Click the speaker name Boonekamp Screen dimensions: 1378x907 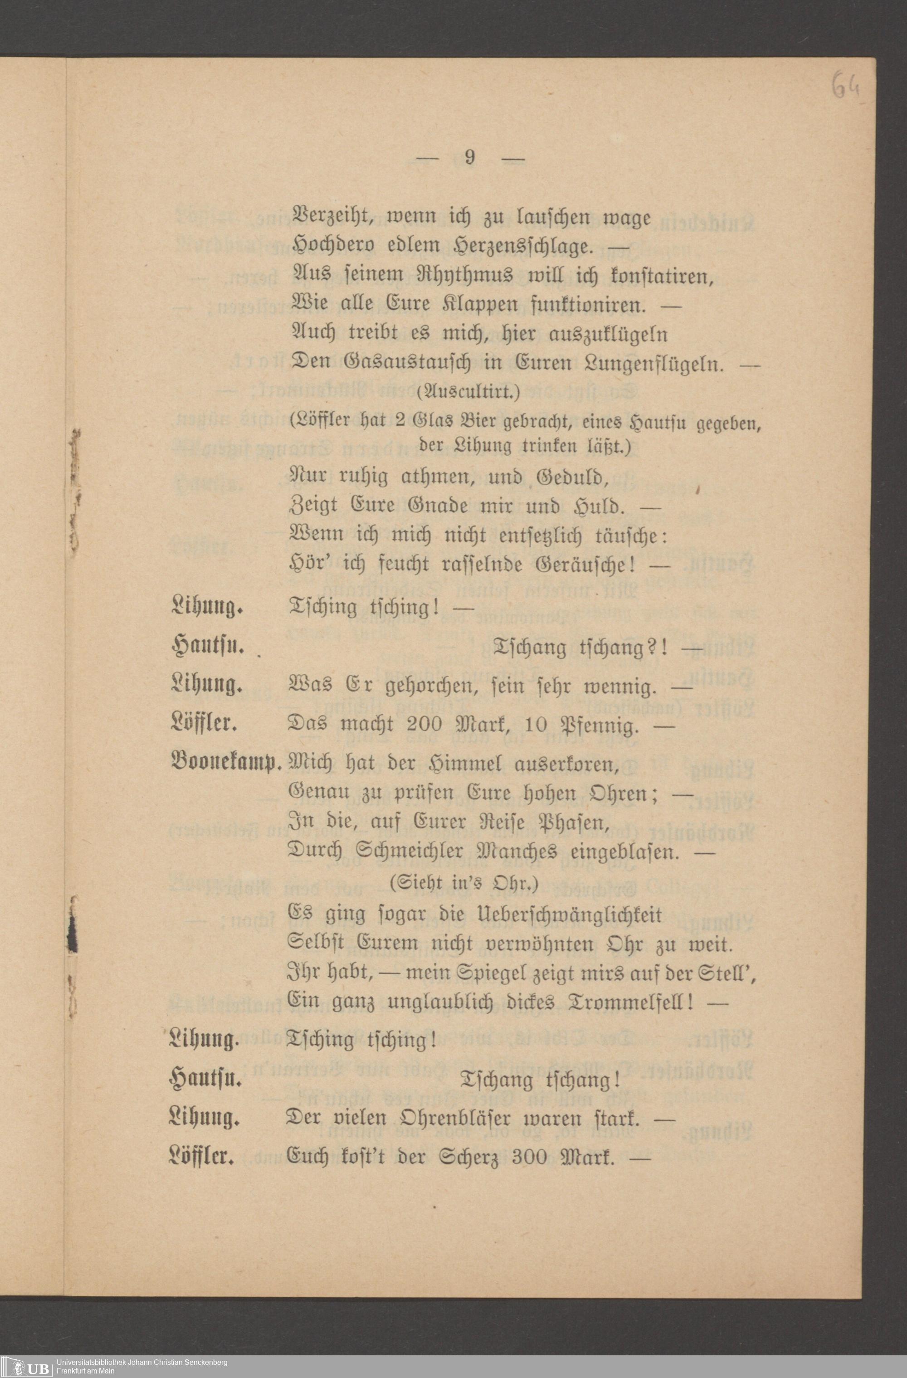point(226,764)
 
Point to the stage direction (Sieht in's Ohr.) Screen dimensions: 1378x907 point(464,884)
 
